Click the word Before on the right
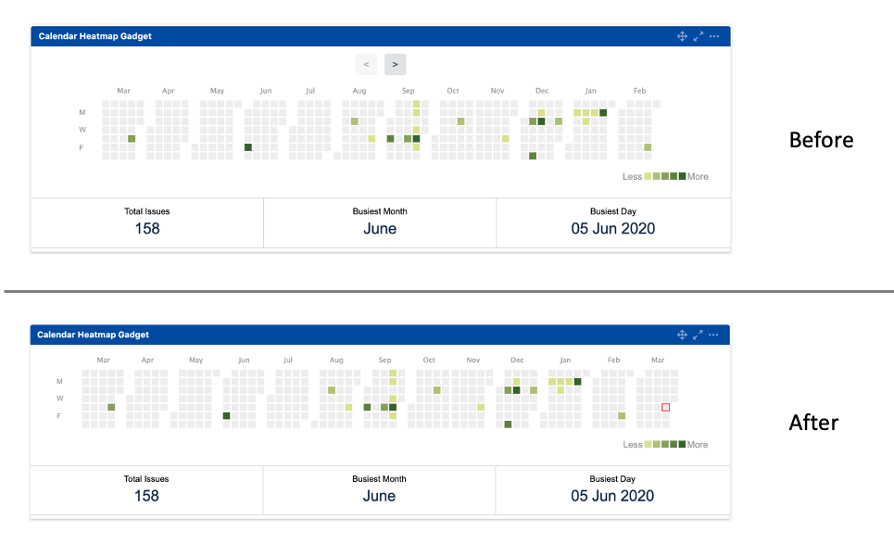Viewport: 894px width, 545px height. pyautogui.click(x=821, y=140)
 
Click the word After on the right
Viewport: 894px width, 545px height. pyautogui.click(x=813, y=423)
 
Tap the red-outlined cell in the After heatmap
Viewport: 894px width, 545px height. pyautogui.click(x=665, y=407)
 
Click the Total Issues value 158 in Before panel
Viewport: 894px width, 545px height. pyautogui.click(x=147, y=229)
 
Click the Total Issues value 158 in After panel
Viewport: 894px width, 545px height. pyautogui.click(x=146, y=496)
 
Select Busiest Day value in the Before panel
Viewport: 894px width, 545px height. pyautogui.click(x=612, y=229)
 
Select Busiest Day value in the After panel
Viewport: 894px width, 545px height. pyautogui.click(x=612, y=496)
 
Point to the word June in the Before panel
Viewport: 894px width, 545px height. pyautogui.click(x=380, y=229)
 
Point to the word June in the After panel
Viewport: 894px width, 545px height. pyautogui.click(x=379, y=496)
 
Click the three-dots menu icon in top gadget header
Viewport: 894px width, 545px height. pyautogui.click(x=714, y=36)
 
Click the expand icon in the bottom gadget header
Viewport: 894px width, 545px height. pyautogui.click(x=699, y=335)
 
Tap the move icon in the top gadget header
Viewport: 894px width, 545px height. pyautogui.click(x=683, y=36)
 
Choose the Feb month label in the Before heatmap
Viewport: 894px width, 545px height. pyautogui.click(x=639, y=91)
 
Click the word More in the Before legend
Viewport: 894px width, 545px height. pyautogui.click(x=698, y=176)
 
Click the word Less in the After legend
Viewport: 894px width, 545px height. pyautogui.click(x=633, y=445)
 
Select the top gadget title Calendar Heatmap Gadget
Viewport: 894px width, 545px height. pyautogui.click(x=95, y=36)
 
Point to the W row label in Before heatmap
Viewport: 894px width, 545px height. pyautogui.click(x=82, y=130)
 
